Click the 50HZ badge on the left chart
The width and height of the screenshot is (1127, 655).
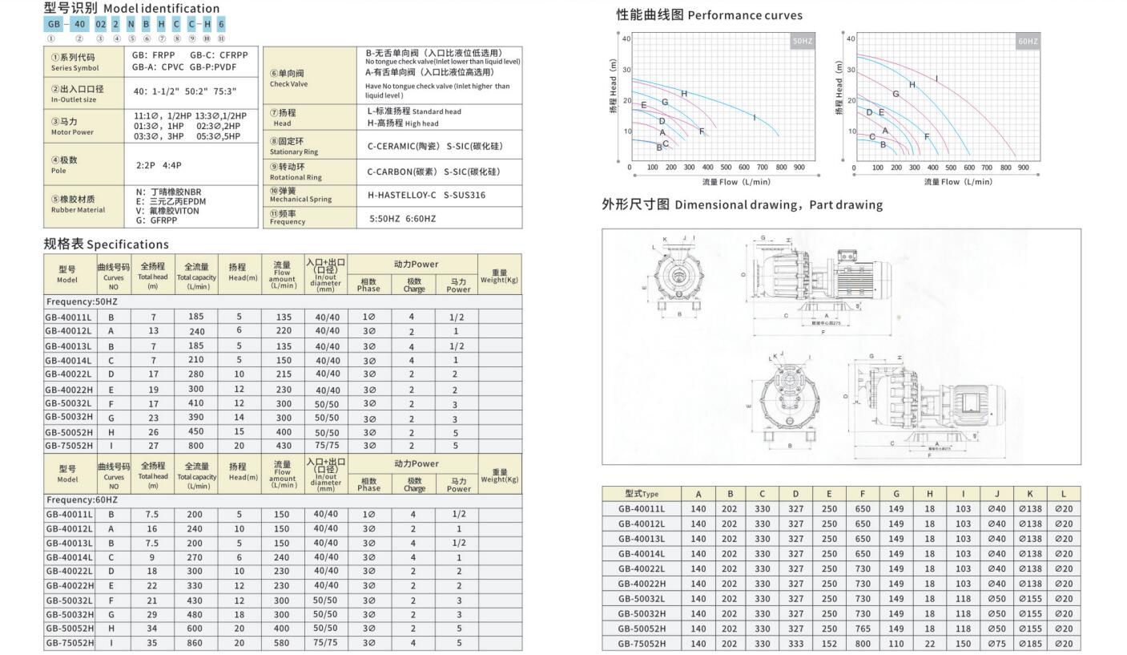pos(803,41)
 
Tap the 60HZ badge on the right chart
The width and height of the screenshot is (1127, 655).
pos(1028,41)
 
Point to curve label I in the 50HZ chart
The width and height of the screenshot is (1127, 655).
pos(755,118)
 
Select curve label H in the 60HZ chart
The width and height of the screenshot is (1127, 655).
pos(912,84)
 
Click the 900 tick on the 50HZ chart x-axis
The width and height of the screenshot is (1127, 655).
pos(799,168)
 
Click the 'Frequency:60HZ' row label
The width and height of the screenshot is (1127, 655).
pos(82,499)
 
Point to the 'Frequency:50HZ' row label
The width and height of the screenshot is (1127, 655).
pos(82,301)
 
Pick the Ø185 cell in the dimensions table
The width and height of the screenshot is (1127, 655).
pos(1030,643)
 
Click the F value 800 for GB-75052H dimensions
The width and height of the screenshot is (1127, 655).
pos(863,643)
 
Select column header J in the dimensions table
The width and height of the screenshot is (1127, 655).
pos(996,494)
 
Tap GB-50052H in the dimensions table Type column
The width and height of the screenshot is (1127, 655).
pos(642,629)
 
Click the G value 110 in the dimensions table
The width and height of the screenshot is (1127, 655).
pos(896,643)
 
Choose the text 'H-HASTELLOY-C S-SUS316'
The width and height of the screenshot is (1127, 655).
pos(425,195)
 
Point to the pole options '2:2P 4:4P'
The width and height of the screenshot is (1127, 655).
pos(159,165)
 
